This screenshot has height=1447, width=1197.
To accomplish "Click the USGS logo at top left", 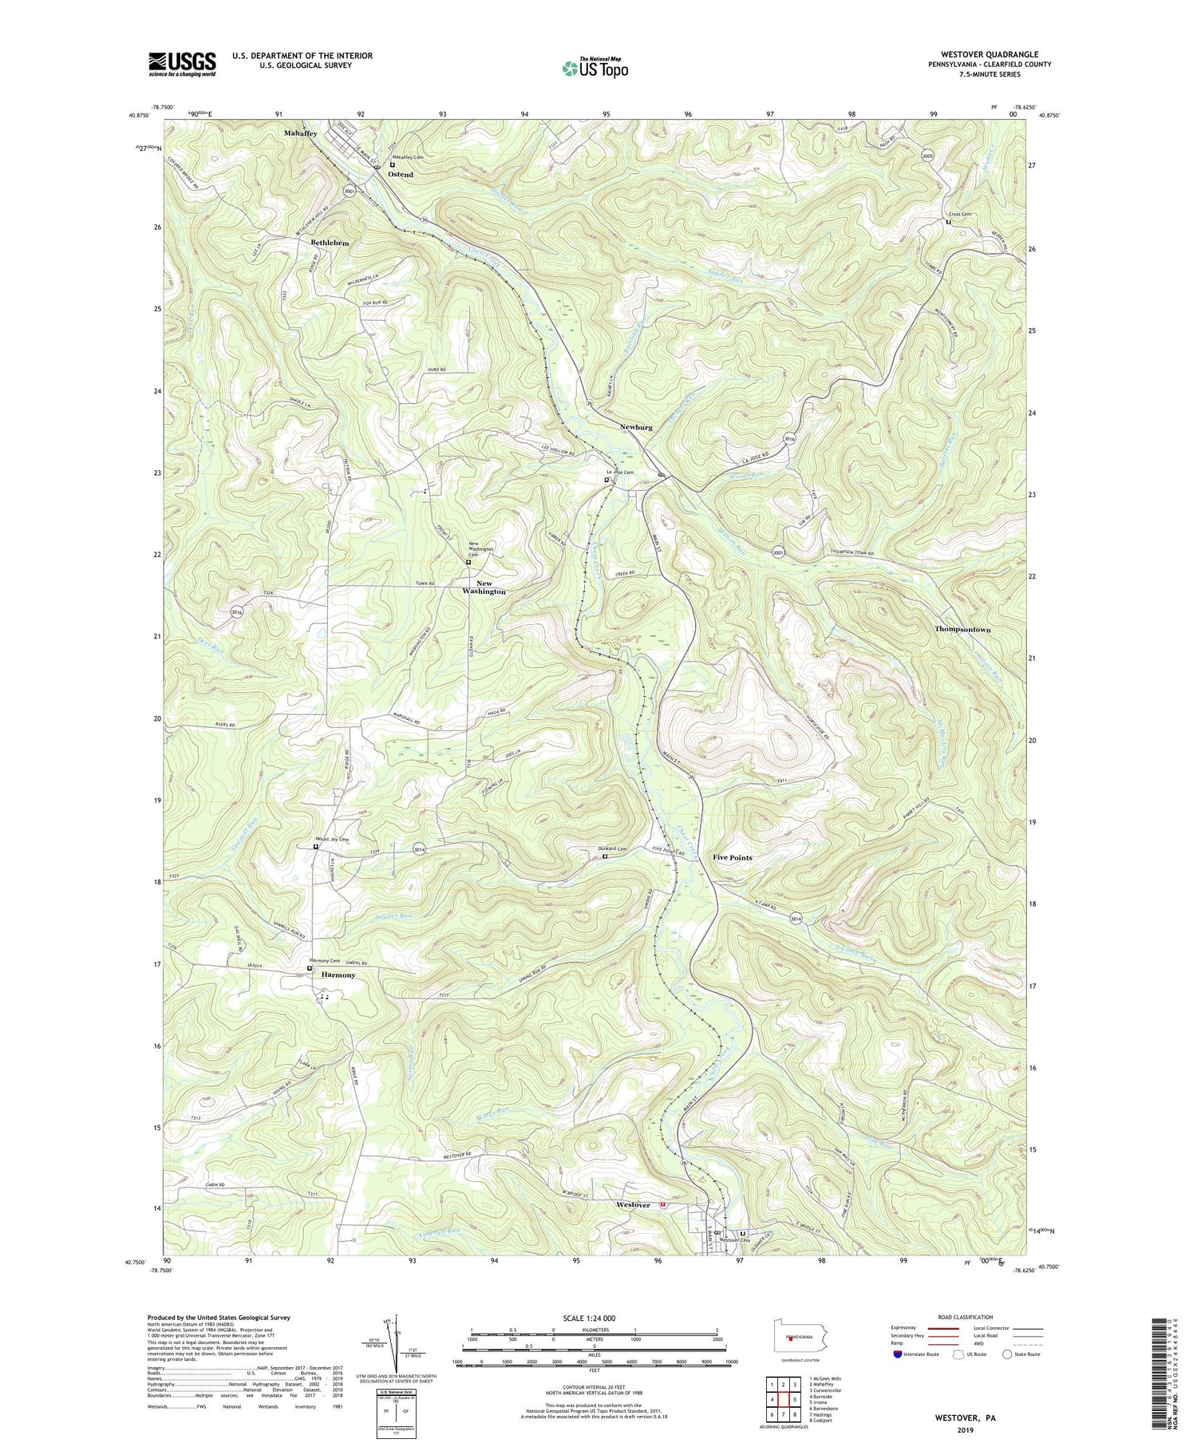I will (182, 64).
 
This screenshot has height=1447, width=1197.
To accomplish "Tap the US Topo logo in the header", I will (595, 68).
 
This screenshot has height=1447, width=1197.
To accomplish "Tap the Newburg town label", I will (636, 427).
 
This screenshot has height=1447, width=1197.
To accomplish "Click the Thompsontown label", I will (962, 630).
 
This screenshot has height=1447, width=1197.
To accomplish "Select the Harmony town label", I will (338, 975).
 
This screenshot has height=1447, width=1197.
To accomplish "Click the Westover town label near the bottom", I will (633, 1205).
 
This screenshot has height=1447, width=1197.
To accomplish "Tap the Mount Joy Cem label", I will (333, 840).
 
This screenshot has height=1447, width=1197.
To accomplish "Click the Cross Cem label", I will (960, 215).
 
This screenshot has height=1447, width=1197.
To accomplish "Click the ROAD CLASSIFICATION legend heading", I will (966, 1317).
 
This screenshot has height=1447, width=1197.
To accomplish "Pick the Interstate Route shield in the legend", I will (899, 1354).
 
